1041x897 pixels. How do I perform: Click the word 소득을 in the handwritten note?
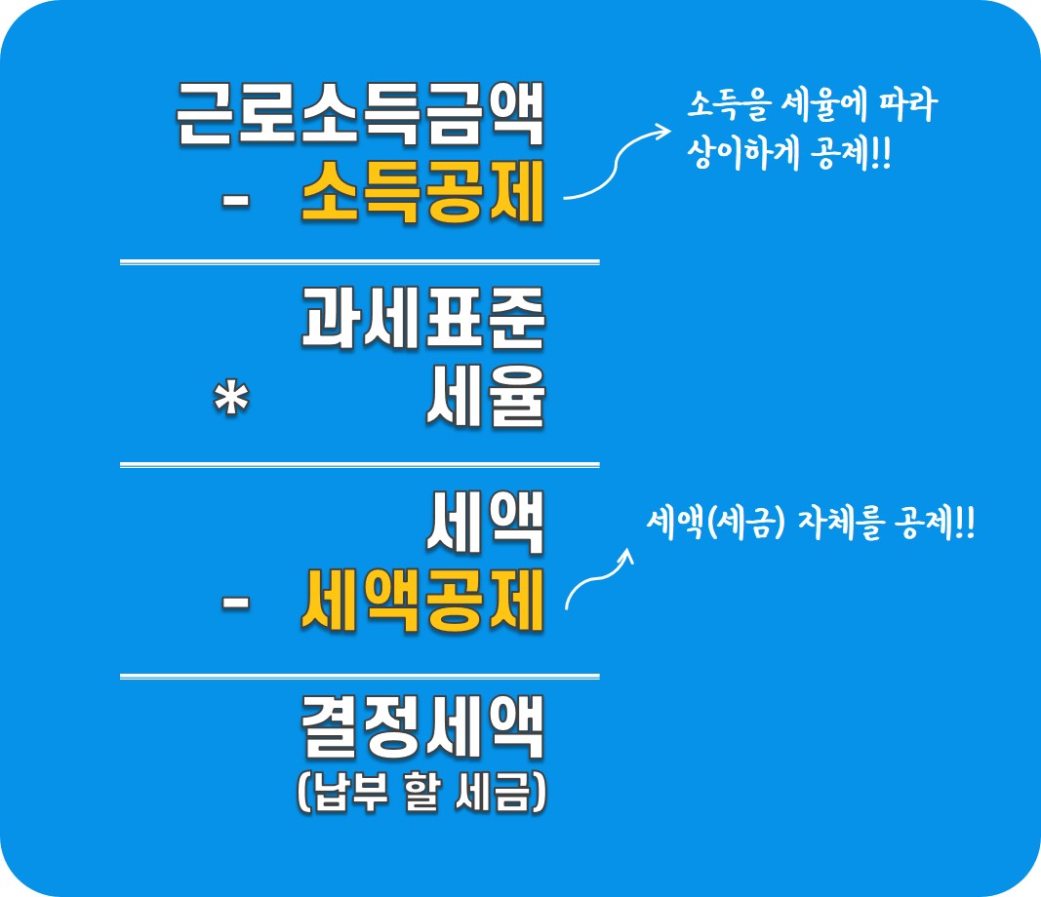(x=720, y=105)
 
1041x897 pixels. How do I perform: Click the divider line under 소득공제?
(x=359, y=262)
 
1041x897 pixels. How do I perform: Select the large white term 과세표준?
(x=421, y=319)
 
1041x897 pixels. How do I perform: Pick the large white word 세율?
(x=485, y=399)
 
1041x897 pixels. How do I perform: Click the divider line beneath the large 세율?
(x=359, y=465)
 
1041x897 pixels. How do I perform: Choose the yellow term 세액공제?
(x=421, y=603)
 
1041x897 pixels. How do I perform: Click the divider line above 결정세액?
(x=359, y=676)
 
